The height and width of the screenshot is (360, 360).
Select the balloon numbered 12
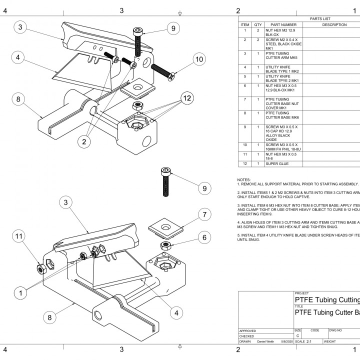[x=186, y=99]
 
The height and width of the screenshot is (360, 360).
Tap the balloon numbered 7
[x=204, y=214]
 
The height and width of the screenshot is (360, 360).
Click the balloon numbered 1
[x=20, y=293]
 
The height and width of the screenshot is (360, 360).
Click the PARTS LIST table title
[x=320, y=19]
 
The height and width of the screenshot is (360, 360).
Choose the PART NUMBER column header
[x=283, y=25]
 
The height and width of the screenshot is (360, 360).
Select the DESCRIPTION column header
[x=334, y=25]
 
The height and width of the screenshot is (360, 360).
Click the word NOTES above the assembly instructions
[x=244, y=179]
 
